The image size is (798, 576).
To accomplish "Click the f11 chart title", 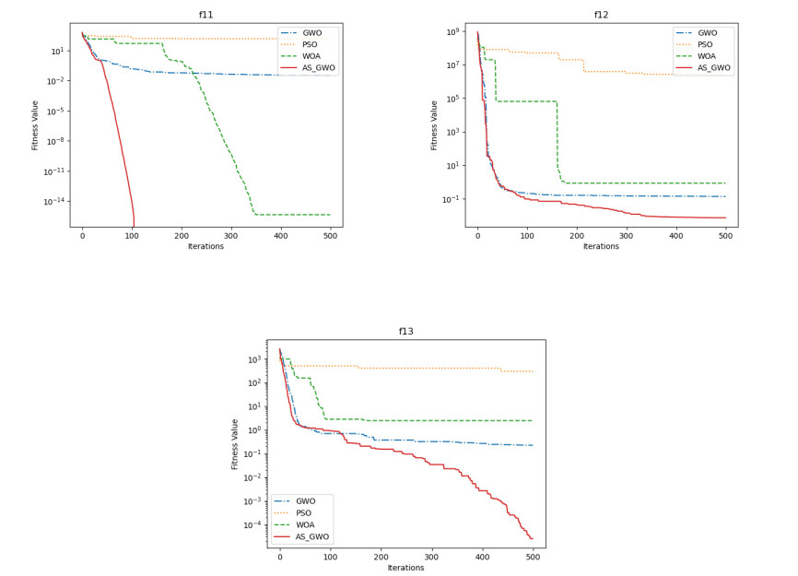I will click(x=205, y=15).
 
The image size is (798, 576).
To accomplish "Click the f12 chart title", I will click(x=601, y=15).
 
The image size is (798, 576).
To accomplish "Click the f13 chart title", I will click(x=405, y=332).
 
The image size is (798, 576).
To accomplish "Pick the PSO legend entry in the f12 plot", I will click(x=709, y=43).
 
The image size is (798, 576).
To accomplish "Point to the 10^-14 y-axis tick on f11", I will click(x=52, y=201).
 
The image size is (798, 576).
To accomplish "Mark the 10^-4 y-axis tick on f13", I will click(x=250, y=525).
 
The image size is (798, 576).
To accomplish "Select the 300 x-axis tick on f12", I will click(x=627, y=236).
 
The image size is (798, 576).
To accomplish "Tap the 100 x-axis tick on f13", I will click(x=331, y=558).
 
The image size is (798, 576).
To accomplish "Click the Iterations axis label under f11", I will click(x=205, y=247).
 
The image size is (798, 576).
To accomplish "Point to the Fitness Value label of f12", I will click(x=434, y=124).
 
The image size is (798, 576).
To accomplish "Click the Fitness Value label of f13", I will click(x=235, y=444).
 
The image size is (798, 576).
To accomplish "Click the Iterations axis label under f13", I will click(x=405, y=569).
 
